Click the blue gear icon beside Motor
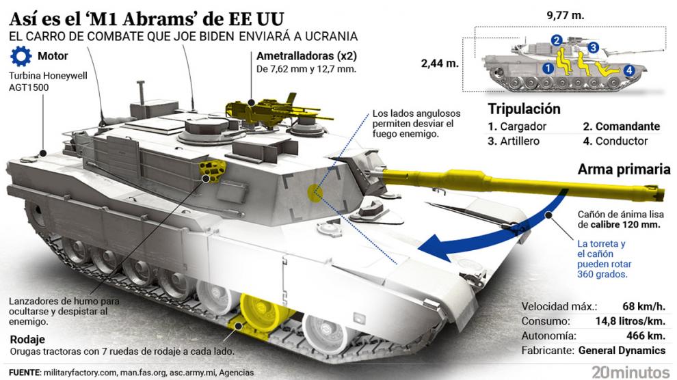point(21,56)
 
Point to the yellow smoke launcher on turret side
point(213,170)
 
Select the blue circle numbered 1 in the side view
point(548,68)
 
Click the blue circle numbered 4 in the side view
point(628,70)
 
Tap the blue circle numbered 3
point(593,47)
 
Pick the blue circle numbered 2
point(557,40)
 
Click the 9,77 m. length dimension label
point(565,16)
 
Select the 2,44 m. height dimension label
point(440,64)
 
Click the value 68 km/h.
point(643,306)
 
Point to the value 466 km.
point(646,336)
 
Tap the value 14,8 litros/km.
point(630,321)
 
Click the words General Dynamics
point(622,350)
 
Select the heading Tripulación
point(524,109)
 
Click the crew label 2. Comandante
point(622,126)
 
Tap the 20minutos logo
point(630,372)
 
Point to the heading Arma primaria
point(624,169)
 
